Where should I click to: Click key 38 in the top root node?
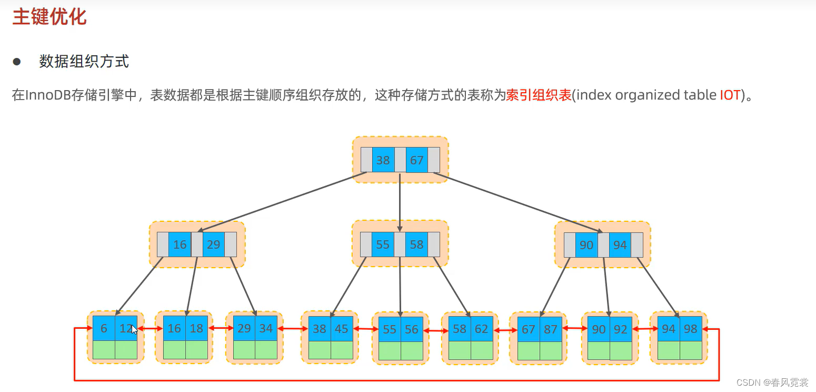383,160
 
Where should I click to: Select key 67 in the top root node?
416,160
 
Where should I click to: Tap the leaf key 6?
104,328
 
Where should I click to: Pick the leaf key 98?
690,329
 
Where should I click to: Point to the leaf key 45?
342,329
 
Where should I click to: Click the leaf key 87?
551,329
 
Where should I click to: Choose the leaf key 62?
481,329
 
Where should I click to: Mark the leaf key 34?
266,328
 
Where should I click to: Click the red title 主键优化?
49,17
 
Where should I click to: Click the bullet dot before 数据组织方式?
17,62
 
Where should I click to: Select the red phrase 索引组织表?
539,95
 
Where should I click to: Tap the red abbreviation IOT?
730,95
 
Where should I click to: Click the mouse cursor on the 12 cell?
134,329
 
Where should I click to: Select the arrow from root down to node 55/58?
400,202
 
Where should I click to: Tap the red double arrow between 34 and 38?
292,329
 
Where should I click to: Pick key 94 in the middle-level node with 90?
620,244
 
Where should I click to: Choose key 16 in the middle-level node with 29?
180,244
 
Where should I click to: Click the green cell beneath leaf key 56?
412,350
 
